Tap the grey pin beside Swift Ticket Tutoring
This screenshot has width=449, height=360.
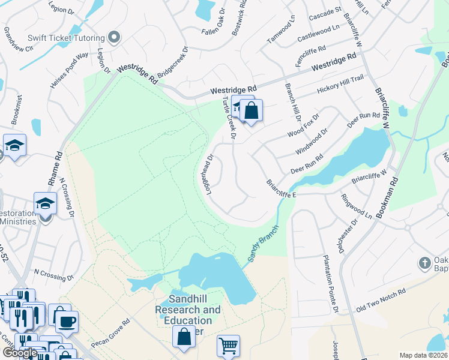[115, 38]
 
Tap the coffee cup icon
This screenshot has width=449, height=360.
[67, 321]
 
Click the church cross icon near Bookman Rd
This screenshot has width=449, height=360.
[424, 263]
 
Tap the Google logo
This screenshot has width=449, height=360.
[20, 353]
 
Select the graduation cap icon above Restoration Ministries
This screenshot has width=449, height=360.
[46, 203]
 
